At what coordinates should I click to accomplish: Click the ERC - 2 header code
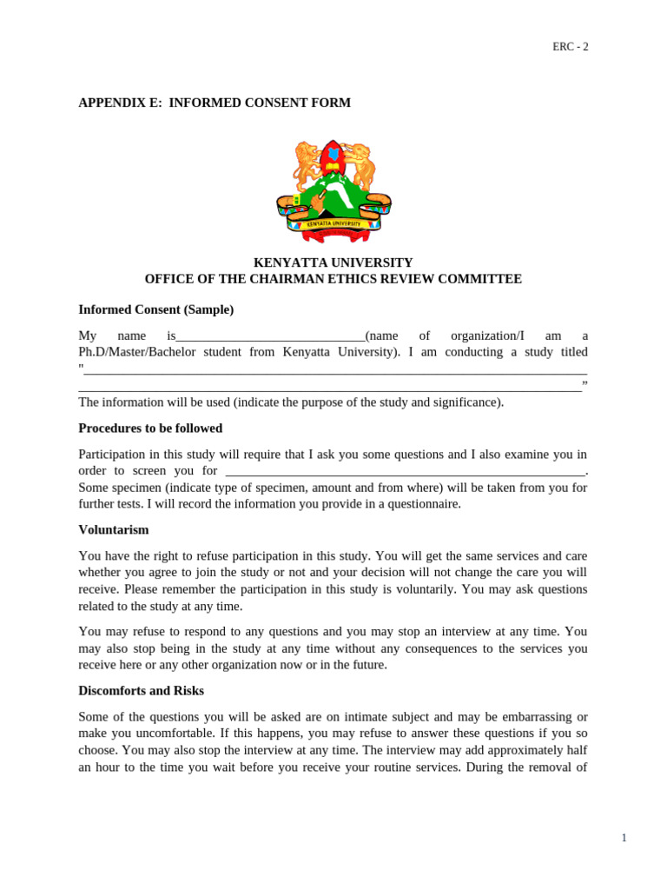[x=571, y=47]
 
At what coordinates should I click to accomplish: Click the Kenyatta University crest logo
[x=333, y=191]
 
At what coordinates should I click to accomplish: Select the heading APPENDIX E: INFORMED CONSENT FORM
[x=215, y=103]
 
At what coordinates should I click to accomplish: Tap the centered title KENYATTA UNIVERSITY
[x=333, y=262]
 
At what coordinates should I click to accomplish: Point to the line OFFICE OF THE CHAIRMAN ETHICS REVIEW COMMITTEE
[x=333, y=279]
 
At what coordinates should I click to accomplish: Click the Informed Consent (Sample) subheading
[x=156, y=309]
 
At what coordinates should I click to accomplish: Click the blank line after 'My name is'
[x=270, y=336]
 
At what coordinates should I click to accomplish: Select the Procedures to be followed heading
[x=150, y=428]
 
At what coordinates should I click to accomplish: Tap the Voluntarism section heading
[x=114, y=529]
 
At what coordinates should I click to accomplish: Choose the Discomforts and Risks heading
[x=142, y=691]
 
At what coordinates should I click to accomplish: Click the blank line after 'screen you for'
[x=405, y=471]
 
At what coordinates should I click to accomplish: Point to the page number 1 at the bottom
[x=624, y=838]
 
